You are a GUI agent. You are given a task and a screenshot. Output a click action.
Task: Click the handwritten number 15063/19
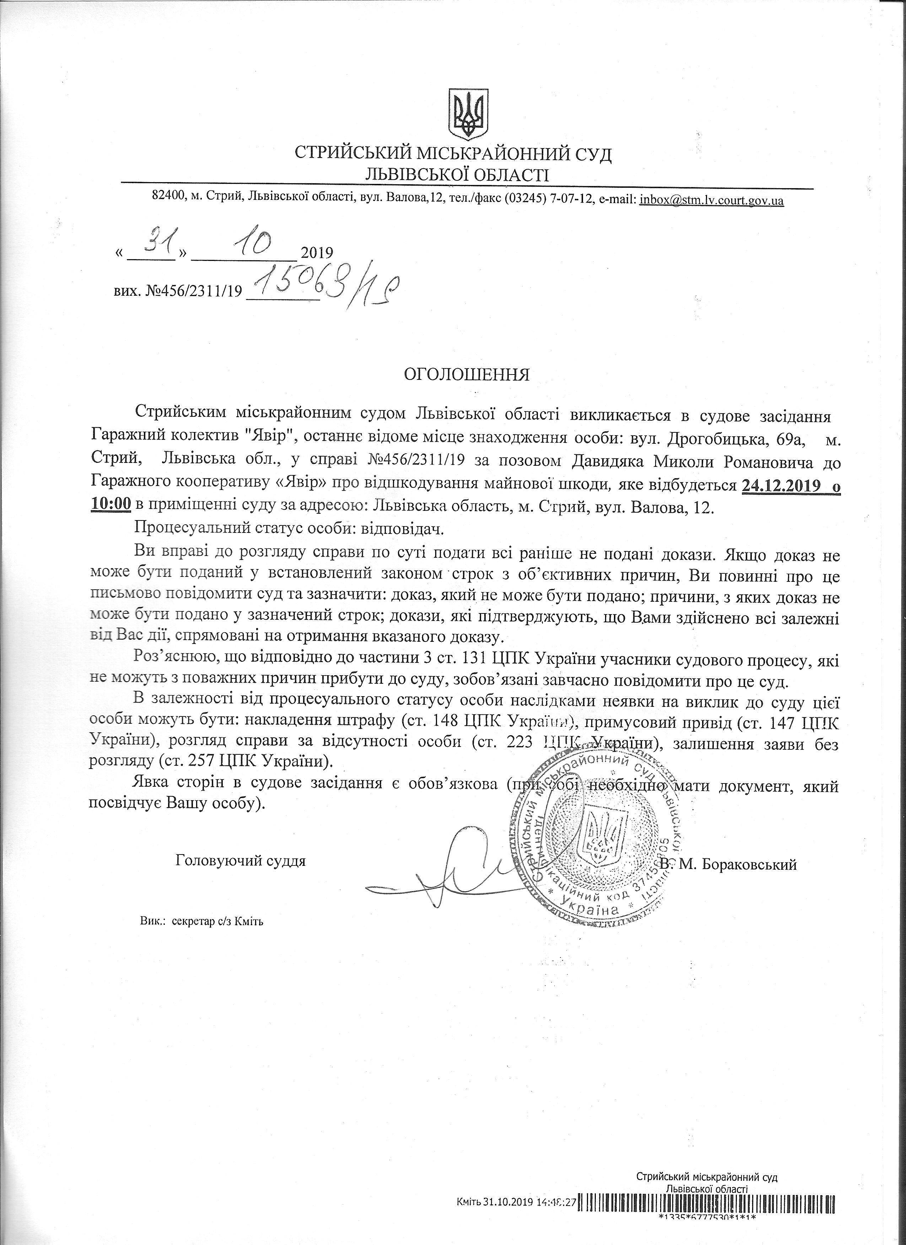click(324, 285)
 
